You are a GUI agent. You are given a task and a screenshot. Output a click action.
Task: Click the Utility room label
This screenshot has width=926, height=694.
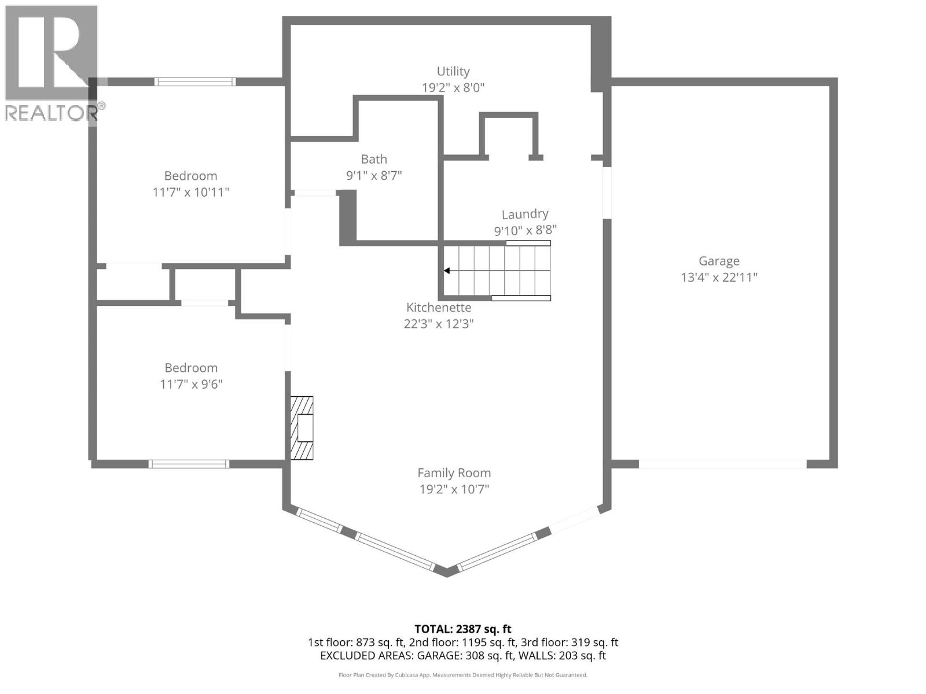pos(453,71)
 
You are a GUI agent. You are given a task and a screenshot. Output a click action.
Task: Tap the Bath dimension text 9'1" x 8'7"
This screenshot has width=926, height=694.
pos(374,175)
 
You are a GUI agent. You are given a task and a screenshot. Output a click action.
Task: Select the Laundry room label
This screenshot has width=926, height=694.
pos(524,215)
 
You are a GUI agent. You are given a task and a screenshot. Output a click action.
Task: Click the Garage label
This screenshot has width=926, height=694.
pos(719,261)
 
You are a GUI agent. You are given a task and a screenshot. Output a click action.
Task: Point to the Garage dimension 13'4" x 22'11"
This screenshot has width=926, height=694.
pos(719,277)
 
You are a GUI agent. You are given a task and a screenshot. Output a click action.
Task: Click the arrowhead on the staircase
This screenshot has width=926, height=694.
pos(447,271)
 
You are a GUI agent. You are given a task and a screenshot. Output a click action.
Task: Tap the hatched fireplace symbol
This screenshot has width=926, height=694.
pos(302,428)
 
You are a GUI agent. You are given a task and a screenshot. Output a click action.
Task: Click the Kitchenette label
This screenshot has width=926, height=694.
pos(439,308)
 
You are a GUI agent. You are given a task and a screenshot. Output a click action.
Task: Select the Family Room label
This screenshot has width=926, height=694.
pos(454,473)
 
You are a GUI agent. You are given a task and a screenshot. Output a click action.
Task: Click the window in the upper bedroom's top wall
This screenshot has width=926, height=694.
pos(195,82)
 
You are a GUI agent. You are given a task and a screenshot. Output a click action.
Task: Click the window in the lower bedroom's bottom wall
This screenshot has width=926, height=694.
pos(189,464)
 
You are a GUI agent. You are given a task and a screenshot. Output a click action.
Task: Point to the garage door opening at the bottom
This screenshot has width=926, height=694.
pos(722,464)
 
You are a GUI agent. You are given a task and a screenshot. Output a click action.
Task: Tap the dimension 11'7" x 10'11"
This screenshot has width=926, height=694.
pos(190,192)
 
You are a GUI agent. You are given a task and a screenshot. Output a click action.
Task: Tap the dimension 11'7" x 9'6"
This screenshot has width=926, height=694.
pos(191,384)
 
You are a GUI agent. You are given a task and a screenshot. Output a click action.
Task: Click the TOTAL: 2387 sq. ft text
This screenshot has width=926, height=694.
pos(463,629)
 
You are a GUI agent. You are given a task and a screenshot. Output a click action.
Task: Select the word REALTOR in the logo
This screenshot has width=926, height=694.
pos(51,113)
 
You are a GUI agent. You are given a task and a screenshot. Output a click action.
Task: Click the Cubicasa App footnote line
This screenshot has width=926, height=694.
pos(463,675)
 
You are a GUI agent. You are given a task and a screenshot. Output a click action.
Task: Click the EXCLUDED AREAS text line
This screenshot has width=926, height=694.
pos(463,656)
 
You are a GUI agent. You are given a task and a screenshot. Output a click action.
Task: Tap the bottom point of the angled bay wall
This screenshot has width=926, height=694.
pos(446,573)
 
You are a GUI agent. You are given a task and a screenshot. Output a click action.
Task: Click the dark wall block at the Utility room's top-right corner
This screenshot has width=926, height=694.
pos(601,55)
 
